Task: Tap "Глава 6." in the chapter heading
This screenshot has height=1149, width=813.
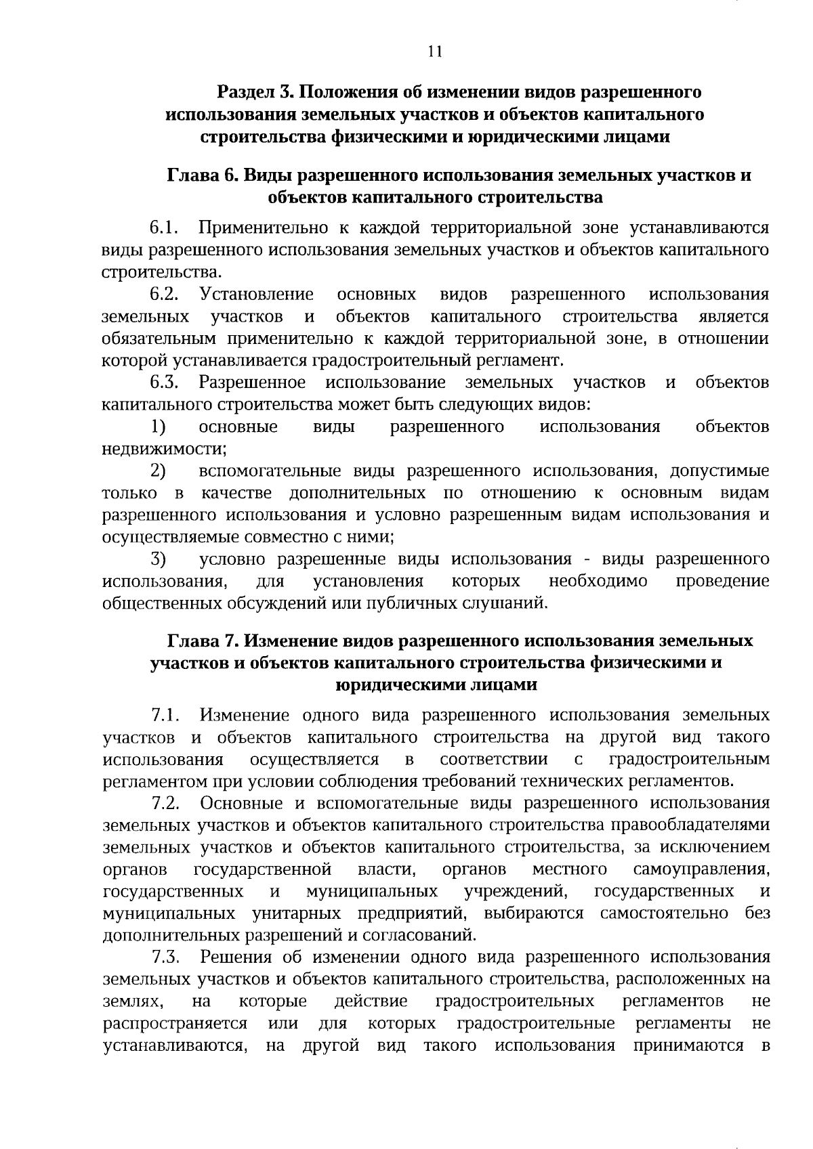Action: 202,175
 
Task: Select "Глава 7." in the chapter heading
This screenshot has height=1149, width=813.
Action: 202,641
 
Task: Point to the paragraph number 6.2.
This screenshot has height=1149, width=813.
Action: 164,295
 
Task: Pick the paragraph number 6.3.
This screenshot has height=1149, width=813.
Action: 164,383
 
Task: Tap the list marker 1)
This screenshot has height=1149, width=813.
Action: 158,427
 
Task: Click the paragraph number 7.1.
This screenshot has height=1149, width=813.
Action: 165,715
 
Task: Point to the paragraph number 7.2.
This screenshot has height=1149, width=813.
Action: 165,804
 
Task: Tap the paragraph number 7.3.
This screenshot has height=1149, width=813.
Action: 165,957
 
